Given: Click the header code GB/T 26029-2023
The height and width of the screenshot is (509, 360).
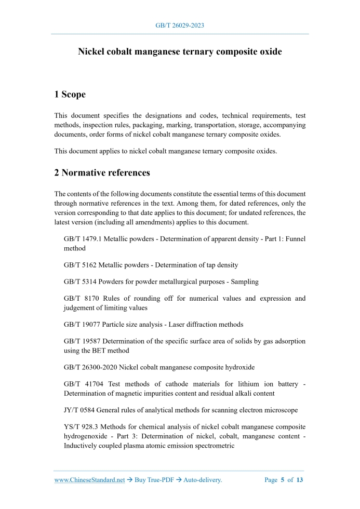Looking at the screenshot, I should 180,25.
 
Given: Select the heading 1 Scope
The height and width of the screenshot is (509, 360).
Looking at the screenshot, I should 70,95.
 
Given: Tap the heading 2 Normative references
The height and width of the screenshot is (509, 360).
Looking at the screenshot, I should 102,173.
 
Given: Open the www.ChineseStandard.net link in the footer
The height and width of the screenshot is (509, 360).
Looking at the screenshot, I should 89,480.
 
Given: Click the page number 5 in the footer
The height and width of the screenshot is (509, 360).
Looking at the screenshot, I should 283,480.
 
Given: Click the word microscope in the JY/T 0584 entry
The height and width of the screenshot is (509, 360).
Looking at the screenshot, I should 279,410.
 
